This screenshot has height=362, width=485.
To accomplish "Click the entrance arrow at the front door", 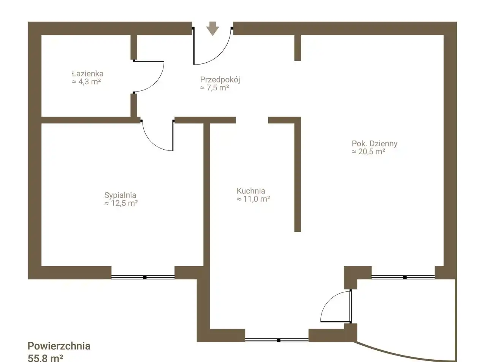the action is pyautogui.click(x=212, y=28).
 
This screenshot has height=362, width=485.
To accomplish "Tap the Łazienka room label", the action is pyautogui.click(x=88, y=74).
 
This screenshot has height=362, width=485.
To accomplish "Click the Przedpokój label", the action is pyautogui.click(x=220, y=80).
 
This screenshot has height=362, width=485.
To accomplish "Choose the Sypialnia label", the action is pyautogui.click(x=120, y=195).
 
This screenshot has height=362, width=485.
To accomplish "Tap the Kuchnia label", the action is pyautogui.click(x=251, y=191).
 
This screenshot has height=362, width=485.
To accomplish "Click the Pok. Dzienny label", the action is pyautogui.click(x=374, y=144).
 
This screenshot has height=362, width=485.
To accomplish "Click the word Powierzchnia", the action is pyautogui.click(x=59, y=346).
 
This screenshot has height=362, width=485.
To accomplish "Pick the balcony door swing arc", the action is pyautogui.click(x=330, y=300).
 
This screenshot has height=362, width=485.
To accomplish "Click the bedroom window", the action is pyautogui.click(x=143, y=277).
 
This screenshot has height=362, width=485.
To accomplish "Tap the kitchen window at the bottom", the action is pyautogui.click(x=277, y=340).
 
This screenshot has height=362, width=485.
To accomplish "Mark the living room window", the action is pyautogui.click(x=403, y=277).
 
